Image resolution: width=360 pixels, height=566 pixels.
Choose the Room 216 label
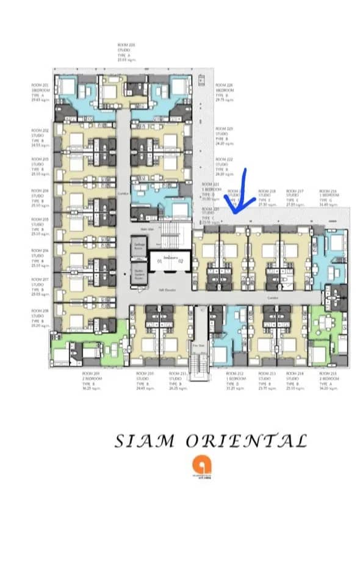[329, 197]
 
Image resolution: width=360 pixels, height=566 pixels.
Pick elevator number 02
[180, 261]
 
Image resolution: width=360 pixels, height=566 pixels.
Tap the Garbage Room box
[139, 246]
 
